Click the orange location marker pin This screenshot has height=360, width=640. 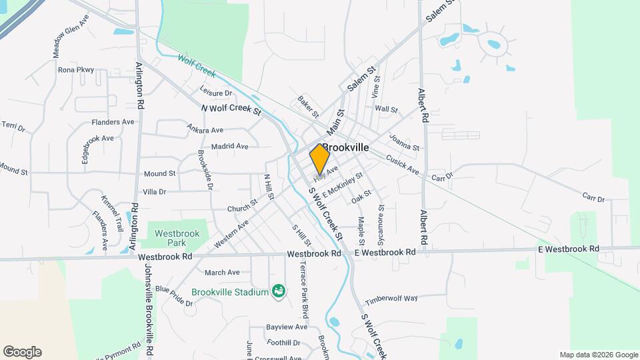(320, 159)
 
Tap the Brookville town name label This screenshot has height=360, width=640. (345, 148)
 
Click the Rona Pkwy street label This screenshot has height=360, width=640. (76, 70)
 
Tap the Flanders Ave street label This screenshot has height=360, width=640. (114, 122)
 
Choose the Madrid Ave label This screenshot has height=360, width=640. (229, 146)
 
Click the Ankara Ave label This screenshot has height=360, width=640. (205, 129)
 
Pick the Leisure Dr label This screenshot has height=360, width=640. (215, 93)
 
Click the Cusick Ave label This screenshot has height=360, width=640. (402, 165)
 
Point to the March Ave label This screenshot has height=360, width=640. (222, 272)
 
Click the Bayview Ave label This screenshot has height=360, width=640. (287, 327)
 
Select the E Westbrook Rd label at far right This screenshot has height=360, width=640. (569, 249)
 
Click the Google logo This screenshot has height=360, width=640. (22, 352)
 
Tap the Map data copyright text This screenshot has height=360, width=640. (599, 355)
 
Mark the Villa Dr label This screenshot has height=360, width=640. (154, 191)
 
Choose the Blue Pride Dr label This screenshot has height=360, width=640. (174, 295)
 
